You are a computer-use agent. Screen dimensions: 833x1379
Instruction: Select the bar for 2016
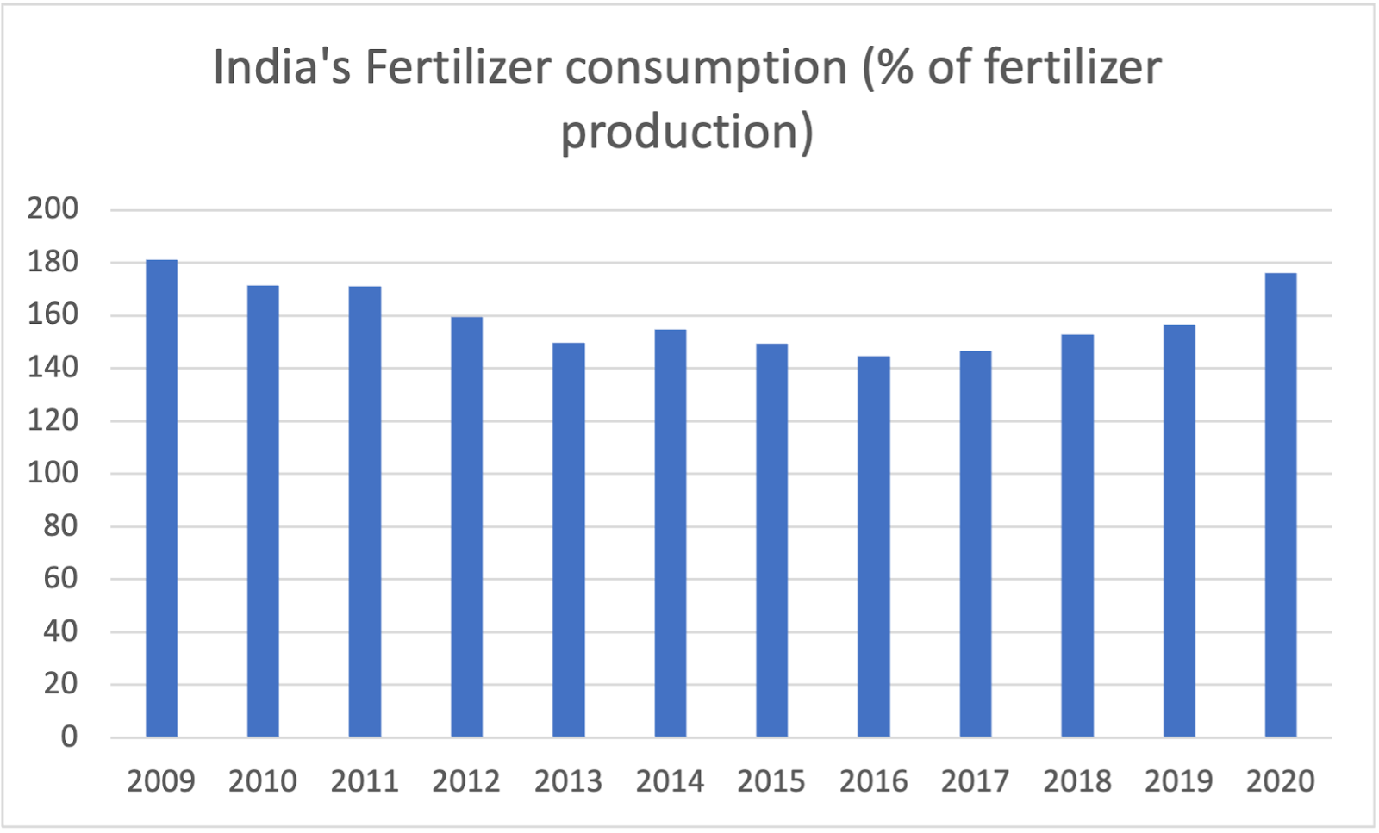point(873,546)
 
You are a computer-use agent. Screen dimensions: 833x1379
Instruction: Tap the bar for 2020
point(1280,505)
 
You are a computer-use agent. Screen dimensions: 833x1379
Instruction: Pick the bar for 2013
point(568,539)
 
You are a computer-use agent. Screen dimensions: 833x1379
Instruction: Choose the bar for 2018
point(1076,535)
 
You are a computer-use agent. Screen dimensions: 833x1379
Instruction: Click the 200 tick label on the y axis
point(53,208)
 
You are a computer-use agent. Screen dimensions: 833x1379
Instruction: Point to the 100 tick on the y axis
point(53,473)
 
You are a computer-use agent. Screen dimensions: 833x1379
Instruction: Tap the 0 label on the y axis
point(69,737)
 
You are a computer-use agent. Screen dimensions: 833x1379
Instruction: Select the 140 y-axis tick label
point(53,368)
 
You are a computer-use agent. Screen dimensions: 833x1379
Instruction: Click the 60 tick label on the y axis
point(60,578)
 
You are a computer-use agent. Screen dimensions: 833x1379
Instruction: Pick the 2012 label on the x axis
point(466,781)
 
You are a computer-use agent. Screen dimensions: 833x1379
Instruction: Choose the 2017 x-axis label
point(975,781)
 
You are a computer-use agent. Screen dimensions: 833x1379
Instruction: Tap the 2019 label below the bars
point(1178,781)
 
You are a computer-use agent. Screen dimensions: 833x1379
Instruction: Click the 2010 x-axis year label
point(263,781)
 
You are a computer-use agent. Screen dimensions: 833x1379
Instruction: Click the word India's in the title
point(282,67)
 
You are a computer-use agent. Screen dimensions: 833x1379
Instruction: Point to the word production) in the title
point(687,133)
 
